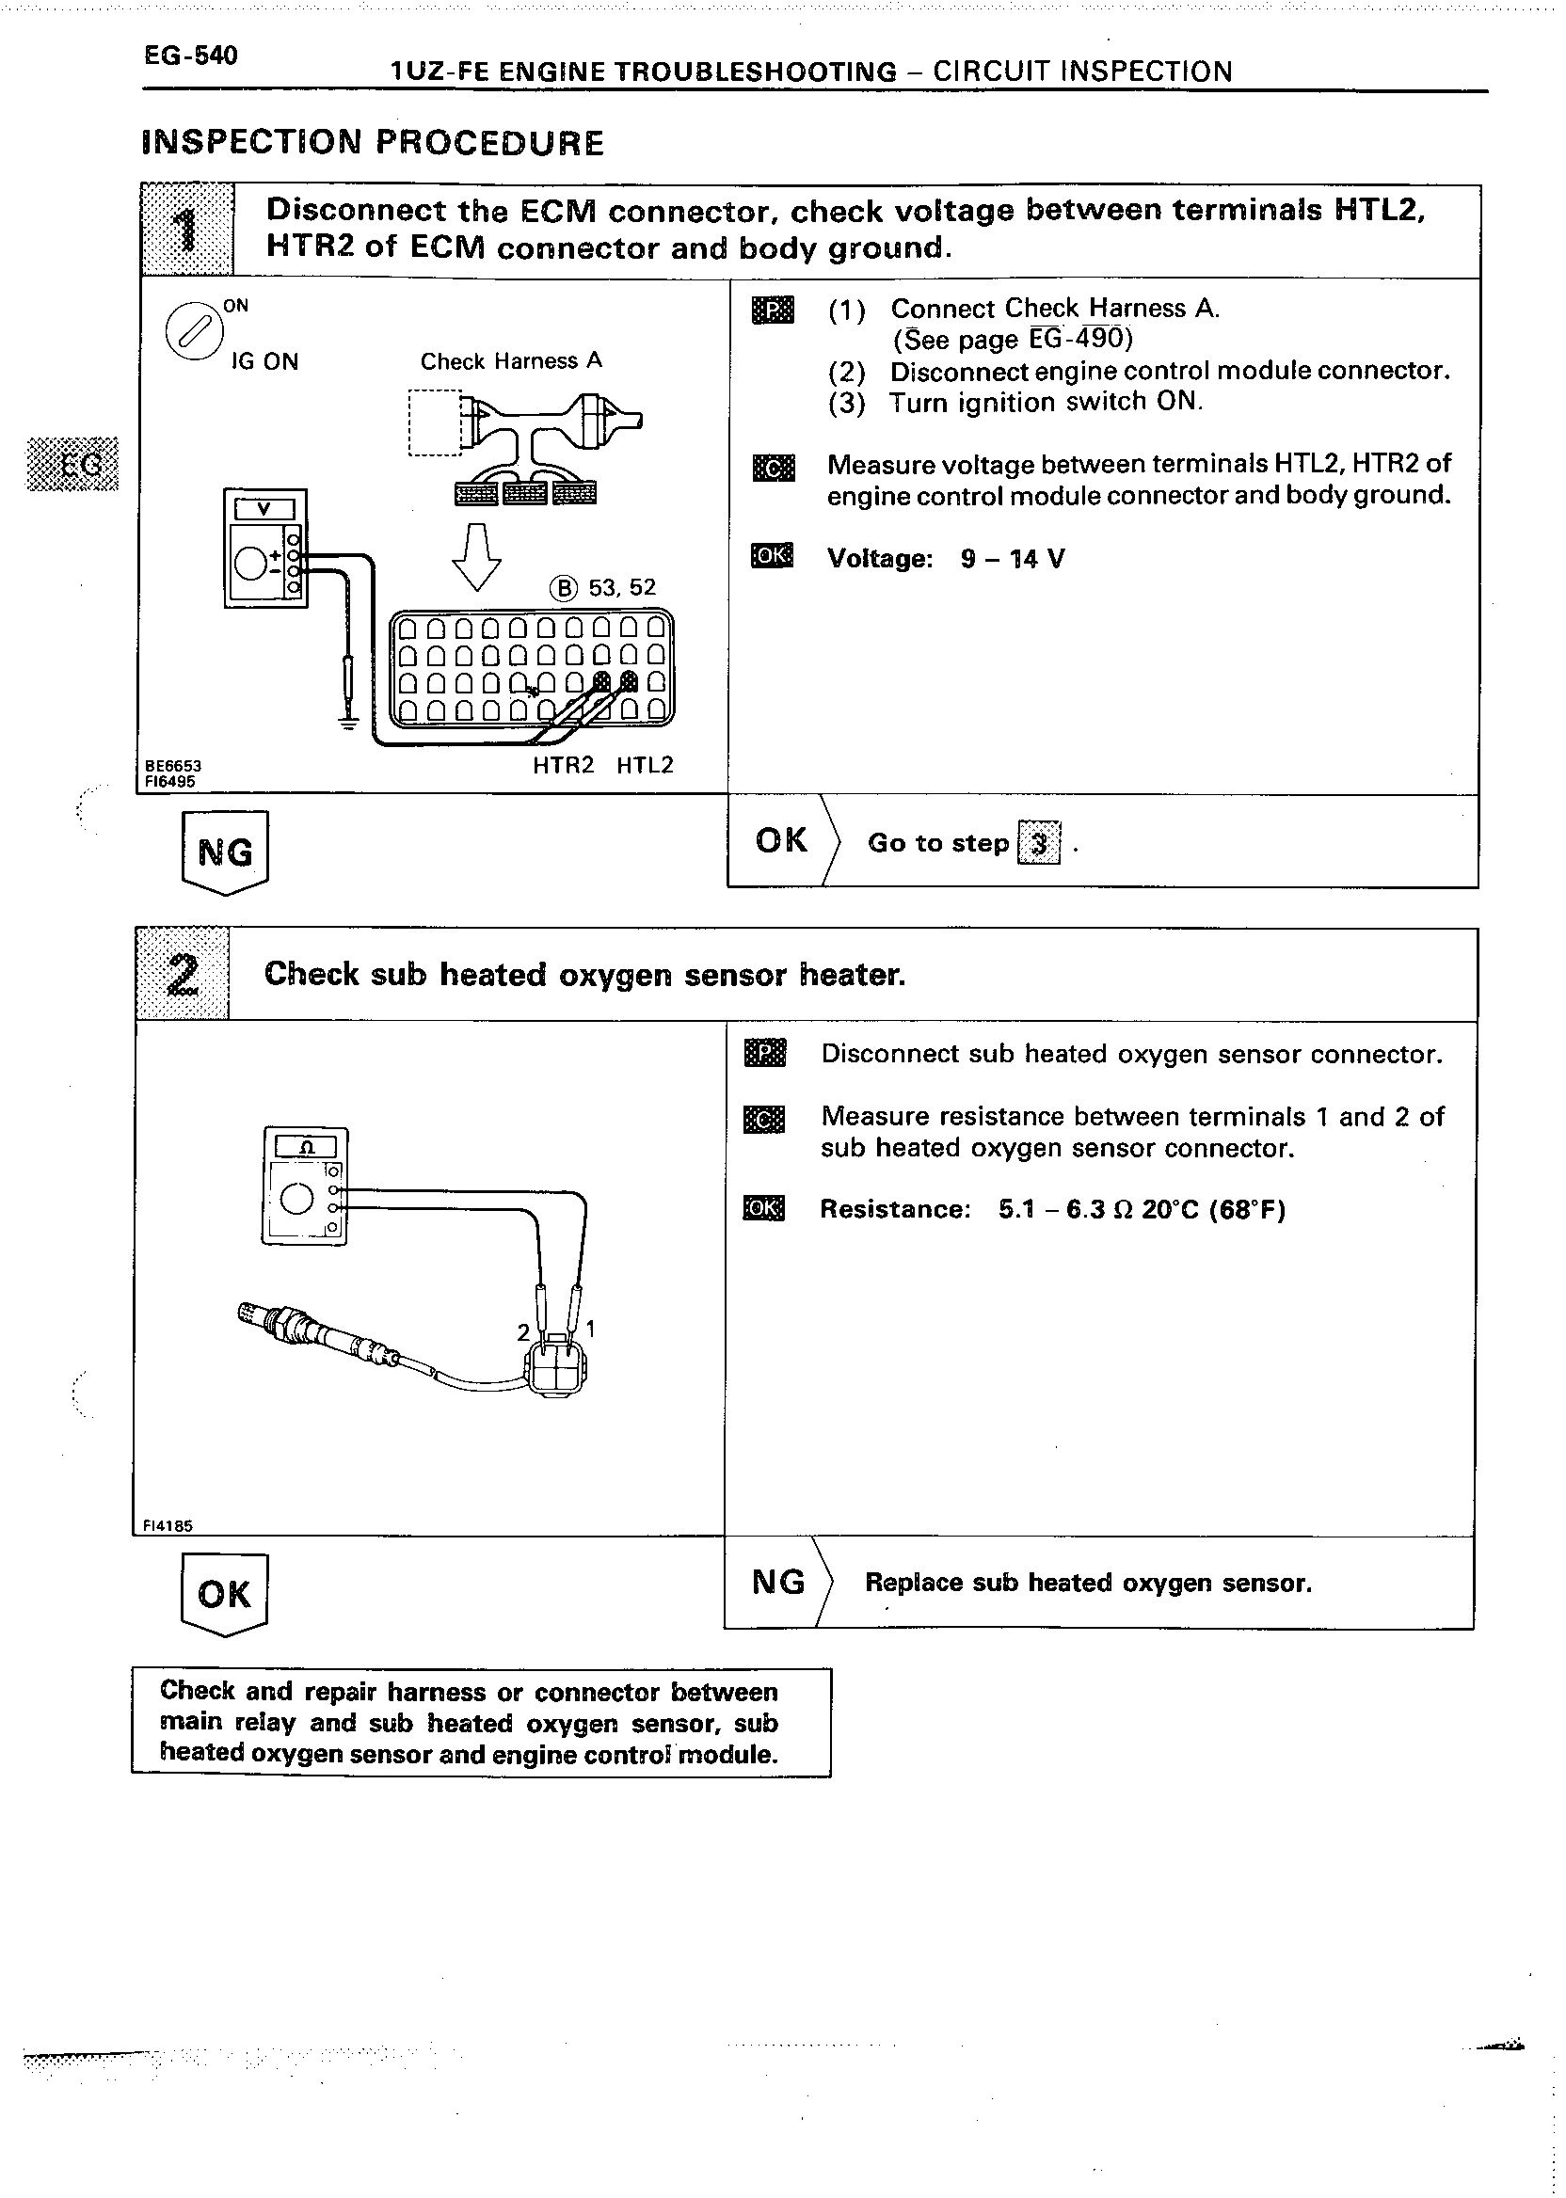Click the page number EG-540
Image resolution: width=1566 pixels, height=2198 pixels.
(x=190, y=56)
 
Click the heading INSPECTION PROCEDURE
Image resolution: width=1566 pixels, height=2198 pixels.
(x=373, y=143)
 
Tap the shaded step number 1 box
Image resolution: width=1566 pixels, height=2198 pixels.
(x=186, y=231)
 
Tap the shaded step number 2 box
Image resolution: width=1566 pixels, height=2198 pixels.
(x=183, y=974)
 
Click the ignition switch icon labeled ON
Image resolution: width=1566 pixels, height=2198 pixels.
(x=193, y=331)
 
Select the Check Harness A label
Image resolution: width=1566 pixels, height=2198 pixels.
(x=511, y=361)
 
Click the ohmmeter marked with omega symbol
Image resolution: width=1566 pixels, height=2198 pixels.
(x=305, y=1186)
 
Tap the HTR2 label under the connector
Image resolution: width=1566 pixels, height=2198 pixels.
(x=563, y=766)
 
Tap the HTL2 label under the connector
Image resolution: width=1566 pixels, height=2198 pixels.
(x=645, y=766)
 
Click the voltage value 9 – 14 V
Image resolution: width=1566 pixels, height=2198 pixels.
(x=1013, y=559)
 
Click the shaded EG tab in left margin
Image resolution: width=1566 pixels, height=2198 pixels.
(x=73, y=465)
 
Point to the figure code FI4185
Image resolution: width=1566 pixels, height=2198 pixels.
(x=168, y=1526)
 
